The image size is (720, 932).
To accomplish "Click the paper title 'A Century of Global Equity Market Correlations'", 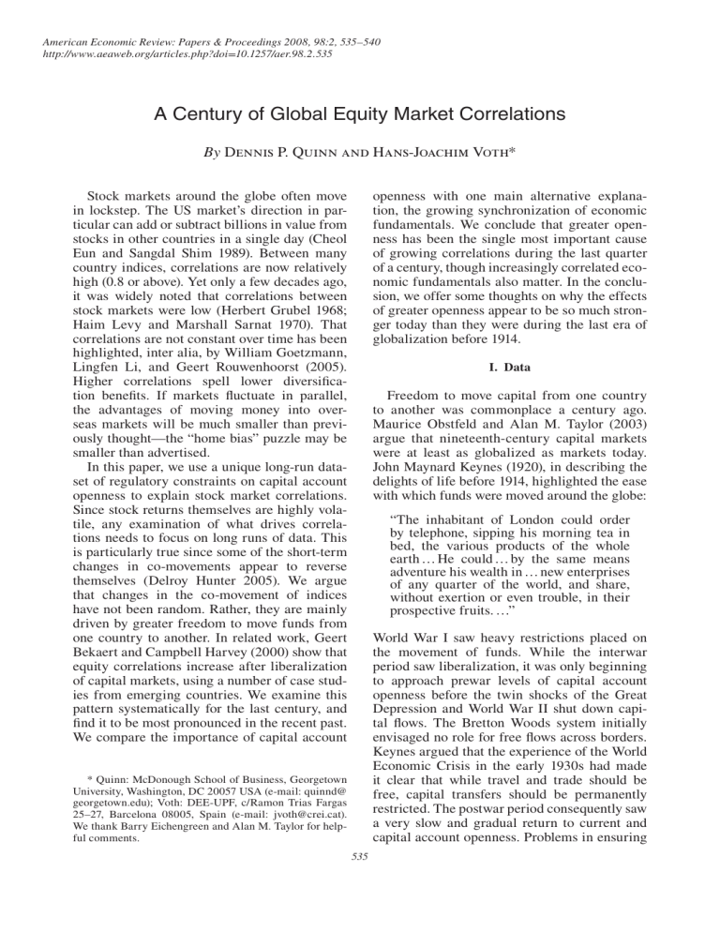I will [x=360, y=120].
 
